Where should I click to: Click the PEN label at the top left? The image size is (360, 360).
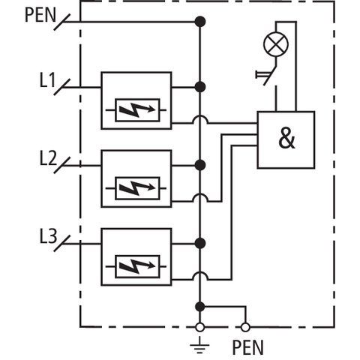click(40, 15)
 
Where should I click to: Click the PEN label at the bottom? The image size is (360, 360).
click(248, 347)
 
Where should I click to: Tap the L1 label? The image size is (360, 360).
click(47, 80)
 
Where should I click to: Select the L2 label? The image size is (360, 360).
click(48, 158)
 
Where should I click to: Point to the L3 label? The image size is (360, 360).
click(48, 236)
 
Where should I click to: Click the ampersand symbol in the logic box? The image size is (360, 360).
click(286, 138)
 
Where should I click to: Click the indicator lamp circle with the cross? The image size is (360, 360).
click(276, 45)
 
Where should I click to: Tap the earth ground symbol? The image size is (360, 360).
click(199, 345)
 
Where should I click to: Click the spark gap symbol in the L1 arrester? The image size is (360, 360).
click(137, 110)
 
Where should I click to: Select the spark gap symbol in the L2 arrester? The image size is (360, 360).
click(137, 188)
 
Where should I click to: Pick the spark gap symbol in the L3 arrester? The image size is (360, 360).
click(137, 266)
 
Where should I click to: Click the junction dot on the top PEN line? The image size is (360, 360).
click(200, 22)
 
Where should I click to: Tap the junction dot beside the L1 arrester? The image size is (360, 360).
click(200, 87)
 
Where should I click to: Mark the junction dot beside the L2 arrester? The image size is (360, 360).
click(200, 165)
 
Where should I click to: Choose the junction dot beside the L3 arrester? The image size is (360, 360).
click(200, 243)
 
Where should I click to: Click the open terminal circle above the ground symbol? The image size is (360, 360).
click(199, 327)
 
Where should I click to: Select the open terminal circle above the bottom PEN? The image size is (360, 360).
click(245, 327)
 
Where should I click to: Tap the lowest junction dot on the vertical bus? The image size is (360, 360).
click(199, 307)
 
